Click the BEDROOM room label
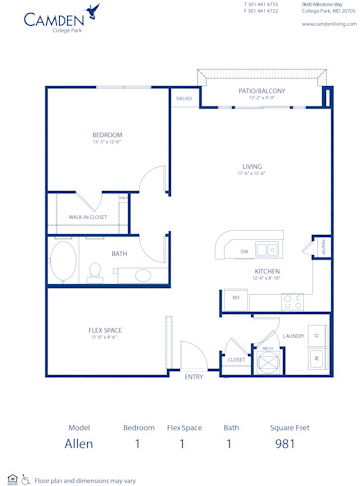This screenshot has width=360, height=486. pyautogui.click(x=107, y=135)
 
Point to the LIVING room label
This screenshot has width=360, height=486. pyautogui.click(x=251, y=167)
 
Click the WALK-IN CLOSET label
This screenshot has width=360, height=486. pyautogui.click(x=88, y=217)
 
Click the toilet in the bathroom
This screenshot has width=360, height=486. pyautogui.click(x=95, y=268)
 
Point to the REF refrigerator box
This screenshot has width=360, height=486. pyautogui.click(x=236, y=297)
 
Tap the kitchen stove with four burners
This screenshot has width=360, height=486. pyautogui.click(x=292, y=300)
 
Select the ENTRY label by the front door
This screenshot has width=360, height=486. pyautogui.click(x=194, y=378)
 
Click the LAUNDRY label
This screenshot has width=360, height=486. pyautogui.click(x=294, y=336)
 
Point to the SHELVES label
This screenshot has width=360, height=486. pyautogui.click(x=183, y=99)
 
